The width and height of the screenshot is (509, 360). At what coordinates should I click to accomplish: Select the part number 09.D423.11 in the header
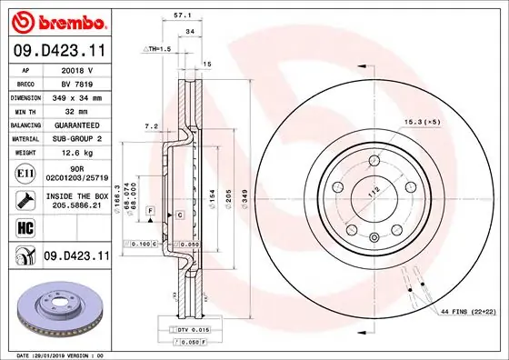pyautogui.click(x=56, y=51)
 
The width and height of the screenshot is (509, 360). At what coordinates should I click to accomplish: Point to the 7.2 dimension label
pyautogui.click(x=151, y=126)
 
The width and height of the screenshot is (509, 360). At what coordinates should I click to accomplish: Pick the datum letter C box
pyautogui.click(x=180, y=214)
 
